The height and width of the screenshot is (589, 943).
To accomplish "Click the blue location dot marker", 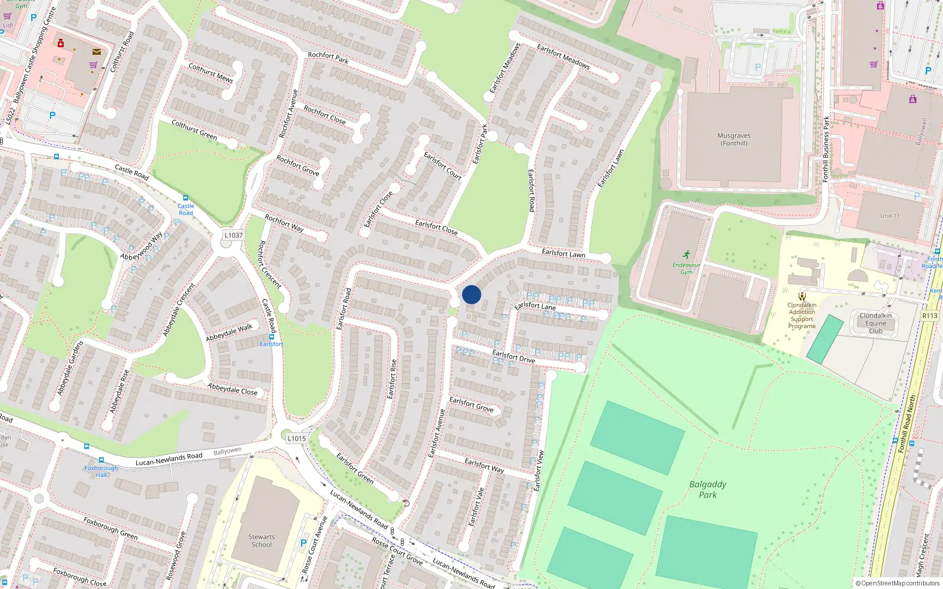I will (x=471, y=294).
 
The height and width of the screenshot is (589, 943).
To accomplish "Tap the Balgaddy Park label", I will (x=708, y=489).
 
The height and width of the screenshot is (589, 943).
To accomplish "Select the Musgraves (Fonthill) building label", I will (x=734, y=140).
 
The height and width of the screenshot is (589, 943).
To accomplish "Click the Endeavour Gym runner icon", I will (x=686, y=254).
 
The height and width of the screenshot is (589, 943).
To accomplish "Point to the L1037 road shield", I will (x=233, y=235).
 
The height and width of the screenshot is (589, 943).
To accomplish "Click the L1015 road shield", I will (x=296, y=438).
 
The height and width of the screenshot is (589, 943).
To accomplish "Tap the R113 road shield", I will (x=929, y=316).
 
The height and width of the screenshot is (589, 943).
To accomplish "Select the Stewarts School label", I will (x=261, y=541).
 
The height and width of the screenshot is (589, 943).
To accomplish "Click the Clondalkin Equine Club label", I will (x=875, y=323).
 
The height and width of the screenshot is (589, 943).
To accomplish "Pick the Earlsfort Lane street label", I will (x=535, y=306).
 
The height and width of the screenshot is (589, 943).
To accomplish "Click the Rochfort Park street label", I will (x=328, y=57).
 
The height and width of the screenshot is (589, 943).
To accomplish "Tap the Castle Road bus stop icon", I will (x=186, y=198).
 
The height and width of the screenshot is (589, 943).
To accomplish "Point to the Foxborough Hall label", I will (x=101, y=471).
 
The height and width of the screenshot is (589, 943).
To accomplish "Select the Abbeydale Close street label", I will (x=232, y=389).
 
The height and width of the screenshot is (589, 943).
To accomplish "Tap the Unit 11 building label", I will (x=889, y=216).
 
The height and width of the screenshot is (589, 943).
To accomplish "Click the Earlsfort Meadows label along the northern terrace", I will (x=563, y=57).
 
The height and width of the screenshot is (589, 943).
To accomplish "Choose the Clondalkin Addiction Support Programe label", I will (x=802, y=316).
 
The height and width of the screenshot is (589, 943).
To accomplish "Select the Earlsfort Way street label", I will (x=484, y=465).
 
